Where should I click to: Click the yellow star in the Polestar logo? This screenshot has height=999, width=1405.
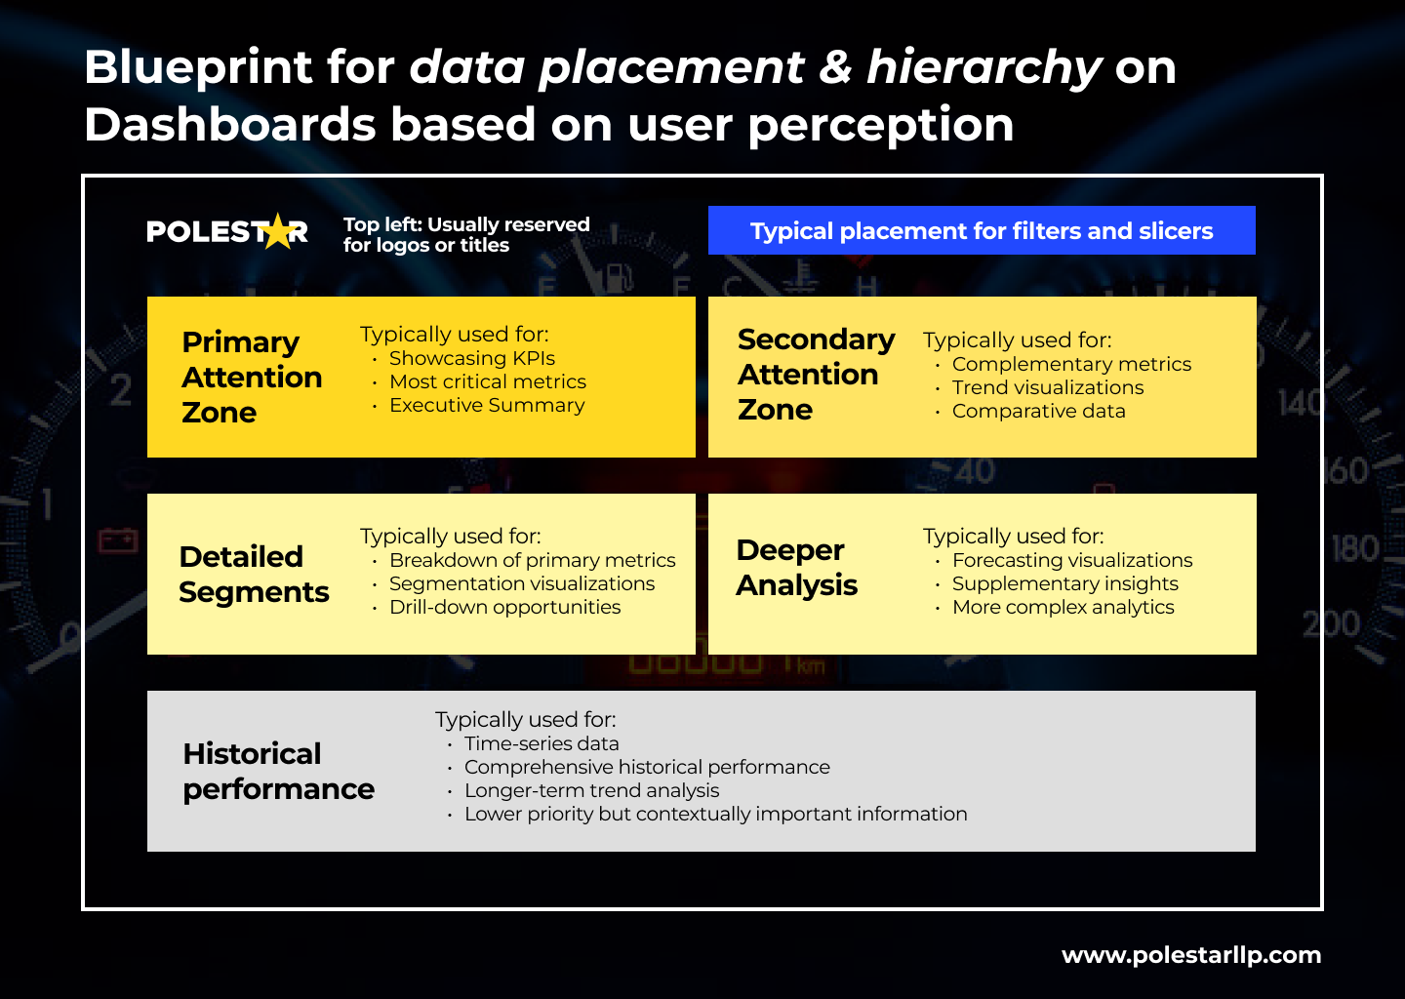coord(279,231)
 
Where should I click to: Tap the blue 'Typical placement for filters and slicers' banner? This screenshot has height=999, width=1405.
coord(982,230)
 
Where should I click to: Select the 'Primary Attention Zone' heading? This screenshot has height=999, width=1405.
coord(252,377)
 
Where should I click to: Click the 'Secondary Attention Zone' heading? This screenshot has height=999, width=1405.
coord(816,374)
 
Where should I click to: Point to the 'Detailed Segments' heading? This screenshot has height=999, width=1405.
coord(254,574)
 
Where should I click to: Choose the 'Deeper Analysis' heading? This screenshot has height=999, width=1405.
coord(796,567)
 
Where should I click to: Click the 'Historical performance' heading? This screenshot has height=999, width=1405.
coord(278,771)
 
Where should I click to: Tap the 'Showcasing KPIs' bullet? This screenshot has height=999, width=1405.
coord(472,358)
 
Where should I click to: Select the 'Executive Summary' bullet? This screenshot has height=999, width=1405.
coord(487,405)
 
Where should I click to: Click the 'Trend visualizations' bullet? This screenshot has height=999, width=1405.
coord(1048,387)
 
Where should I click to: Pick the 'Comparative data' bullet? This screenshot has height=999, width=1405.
coord(1038,411)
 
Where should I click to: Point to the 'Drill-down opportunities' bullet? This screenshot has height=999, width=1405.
coord(504,607)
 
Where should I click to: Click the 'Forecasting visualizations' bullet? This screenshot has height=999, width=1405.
coord(1072,560)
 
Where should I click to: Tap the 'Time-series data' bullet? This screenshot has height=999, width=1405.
coord(542,743)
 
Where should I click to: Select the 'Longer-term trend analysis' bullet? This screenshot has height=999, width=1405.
coord(591,790)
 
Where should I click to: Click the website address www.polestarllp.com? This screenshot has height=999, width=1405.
coord(1191,955)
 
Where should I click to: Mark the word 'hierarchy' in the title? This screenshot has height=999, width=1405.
coord(983,67)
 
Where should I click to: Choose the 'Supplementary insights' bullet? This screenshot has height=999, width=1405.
coord(1064,583)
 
